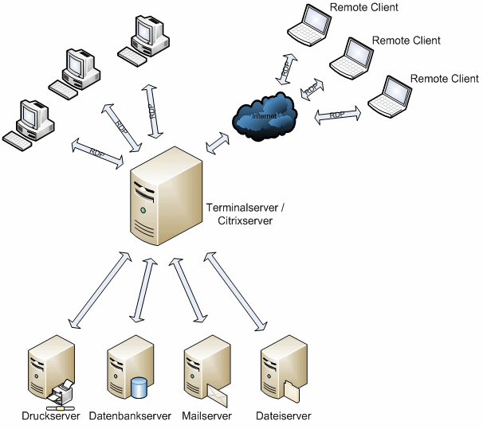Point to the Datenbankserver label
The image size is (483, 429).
tap(130, 416)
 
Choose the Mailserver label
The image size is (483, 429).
tap(206, 416)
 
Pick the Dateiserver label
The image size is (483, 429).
tap(283, 416)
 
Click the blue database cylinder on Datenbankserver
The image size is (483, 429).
tap(139, 388)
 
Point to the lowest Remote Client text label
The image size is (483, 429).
tap(444, 79)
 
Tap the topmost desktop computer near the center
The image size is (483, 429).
tap(147, 37)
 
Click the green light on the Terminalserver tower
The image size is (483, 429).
tap(143, 210)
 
